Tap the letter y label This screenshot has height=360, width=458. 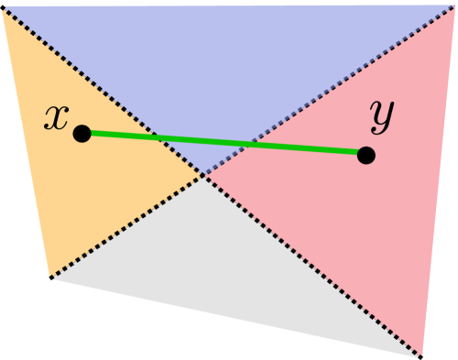381,114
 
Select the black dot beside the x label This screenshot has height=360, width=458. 82,134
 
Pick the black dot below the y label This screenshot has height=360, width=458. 366,155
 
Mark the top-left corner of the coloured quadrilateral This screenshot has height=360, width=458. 3,9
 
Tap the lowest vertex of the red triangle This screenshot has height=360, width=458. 420,355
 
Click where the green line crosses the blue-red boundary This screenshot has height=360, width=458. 245,146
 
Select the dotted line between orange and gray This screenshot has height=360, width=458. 128,225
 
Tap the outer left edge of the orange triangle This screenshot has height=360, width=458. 27,142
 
